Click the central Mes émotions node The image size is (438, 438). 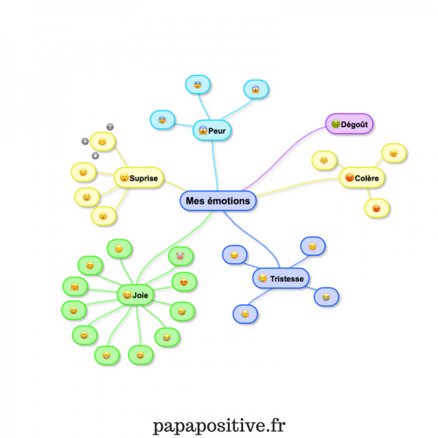coord(218,201)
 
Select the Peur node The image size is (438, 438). coord(212,130)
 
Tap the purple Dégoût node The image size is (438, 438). coord(349,124)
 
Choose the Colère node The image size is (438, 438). coord(362,177)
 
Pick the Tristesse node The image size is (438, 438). coord(281,278)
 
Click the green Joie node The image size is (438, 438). coord(136,295)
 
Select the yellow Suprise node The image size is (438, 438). coord(139,177)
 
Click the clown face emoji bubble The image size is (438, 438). coord(180,256)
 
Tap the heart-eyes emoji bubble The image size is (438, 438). coord(184,282)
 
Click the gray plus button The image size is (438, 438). coord(85,142)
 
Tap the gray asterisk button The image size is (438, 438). coord(96,155)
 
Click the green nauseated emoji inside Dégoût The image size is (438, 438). coord(336,123)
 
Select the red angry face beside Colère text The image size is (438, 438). coord(350,177)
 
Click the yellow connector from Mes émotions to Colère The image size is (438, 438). coord(298,185)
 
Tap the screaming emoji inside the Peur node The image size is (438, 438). coord(203,130)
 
